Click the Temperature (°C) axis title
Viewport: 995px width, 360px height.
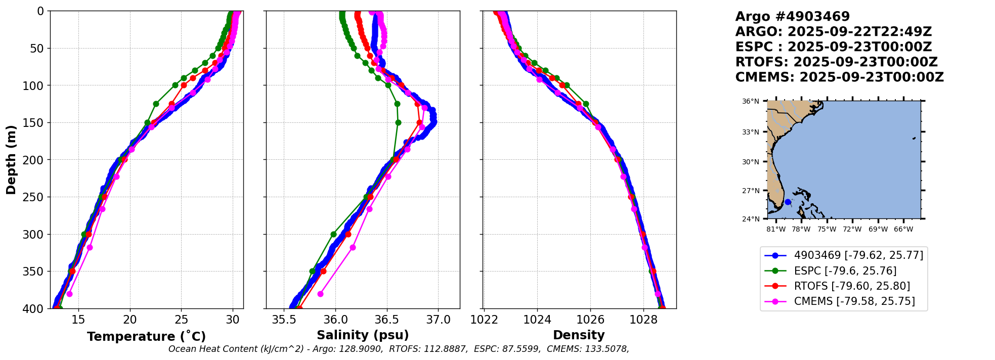[x=146, y=337]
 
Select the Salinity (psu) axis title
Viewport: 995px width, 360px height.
[x=363, y=335]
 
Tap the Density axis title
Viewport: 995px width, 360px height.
[x=579, y=335]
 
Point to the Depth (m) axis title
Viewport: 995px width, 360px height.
[x=11, y=160]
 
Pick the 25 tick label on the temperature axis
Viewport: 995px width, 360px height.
[x=182, y=320]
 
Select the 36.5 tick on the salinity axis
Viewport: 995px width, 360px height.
[x=387, y=320]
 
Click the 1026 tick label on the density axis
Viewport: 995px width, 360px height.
[x=590, y=320]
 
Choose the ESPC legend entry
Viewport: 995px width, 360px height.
[x=845, y=271]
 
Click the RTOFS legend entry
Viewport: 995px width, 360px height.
[x=852, y=286]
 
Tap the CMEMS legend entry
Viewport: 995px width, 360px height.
[x=854, y=301]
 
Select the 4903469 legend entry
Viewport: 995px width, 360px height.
[x=858, y=255]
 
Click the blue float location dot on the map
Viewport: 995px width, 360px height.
[x=788, y=202]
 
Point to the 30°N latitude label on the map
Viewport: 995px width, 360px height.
[x=751, y=162]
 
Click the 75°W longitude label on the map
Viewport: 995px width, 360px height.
[x=827, y=230]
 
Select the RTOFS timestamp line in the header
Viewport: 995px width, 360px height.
[x=836, y=62]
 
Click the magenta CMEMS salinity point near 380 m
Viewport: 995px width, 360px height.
[x=320, y=294]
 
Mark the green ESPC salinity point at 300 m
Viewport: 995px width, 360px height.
[x=333, y=234]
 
